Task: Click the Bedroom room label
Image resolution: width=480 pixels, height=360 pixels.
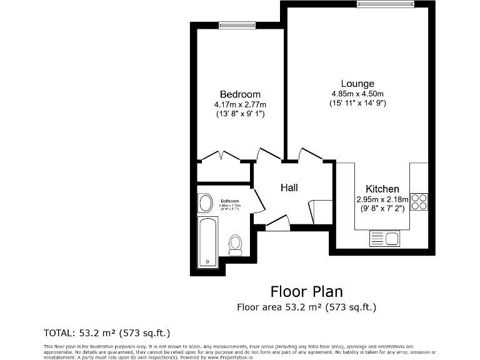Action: pos(240,94)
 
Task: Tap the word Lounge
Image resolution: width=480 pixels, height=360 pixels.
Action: pos(357,84)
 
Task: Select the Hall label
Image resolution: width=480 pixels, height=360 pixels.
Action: pos(289,187)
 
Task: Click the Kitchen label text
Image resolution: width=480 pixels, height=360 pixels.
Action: pos(382,189)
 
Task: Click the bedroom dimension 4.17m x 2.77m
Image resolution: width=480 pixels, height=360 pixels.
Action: pos(240,104)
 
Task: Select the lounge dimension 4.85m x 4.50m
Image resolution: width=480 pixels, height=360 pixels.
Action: pos(357,94)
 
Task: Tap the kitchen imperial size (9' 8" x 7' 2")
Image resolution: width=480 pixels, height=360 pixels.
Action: pos(382,209)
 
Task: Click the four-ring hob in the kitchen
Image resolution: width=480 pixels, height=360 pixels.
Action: pos(419,201)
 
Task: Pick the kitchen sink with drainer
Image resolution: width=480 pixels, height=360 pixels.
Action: pos(385,238)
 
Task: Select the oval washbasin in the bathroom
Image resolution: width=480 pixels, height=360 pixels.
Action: pos(205,203)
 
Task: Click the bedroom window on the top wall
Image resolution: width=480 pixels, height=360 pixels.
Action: pos(237,25)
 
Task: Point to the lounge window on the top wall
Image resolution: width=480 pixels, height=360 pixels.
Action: pos(385,4)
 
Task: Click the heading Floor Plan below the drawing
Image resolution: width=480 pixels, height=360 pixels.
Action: pos(306,291)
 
